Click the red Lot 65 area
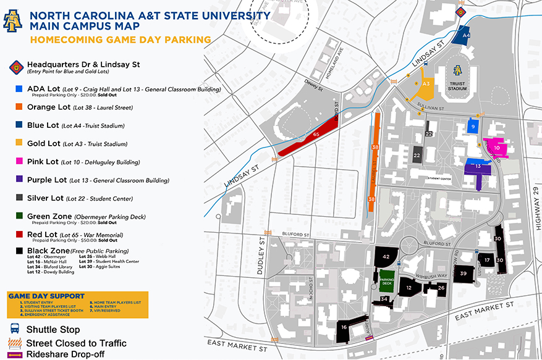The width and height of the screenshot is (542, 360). (309, 134)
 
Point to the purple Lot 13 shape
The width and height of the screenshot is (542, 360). (477, 171)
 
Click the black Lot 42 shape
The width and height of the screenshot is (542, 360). (386, 256)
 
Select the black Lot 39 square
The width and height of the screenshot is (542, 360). (463, 273)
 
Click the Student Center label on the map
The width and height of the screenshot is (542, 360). (439, 179)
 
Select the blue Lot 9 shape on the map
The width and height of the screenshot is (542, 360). (472, 125)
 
